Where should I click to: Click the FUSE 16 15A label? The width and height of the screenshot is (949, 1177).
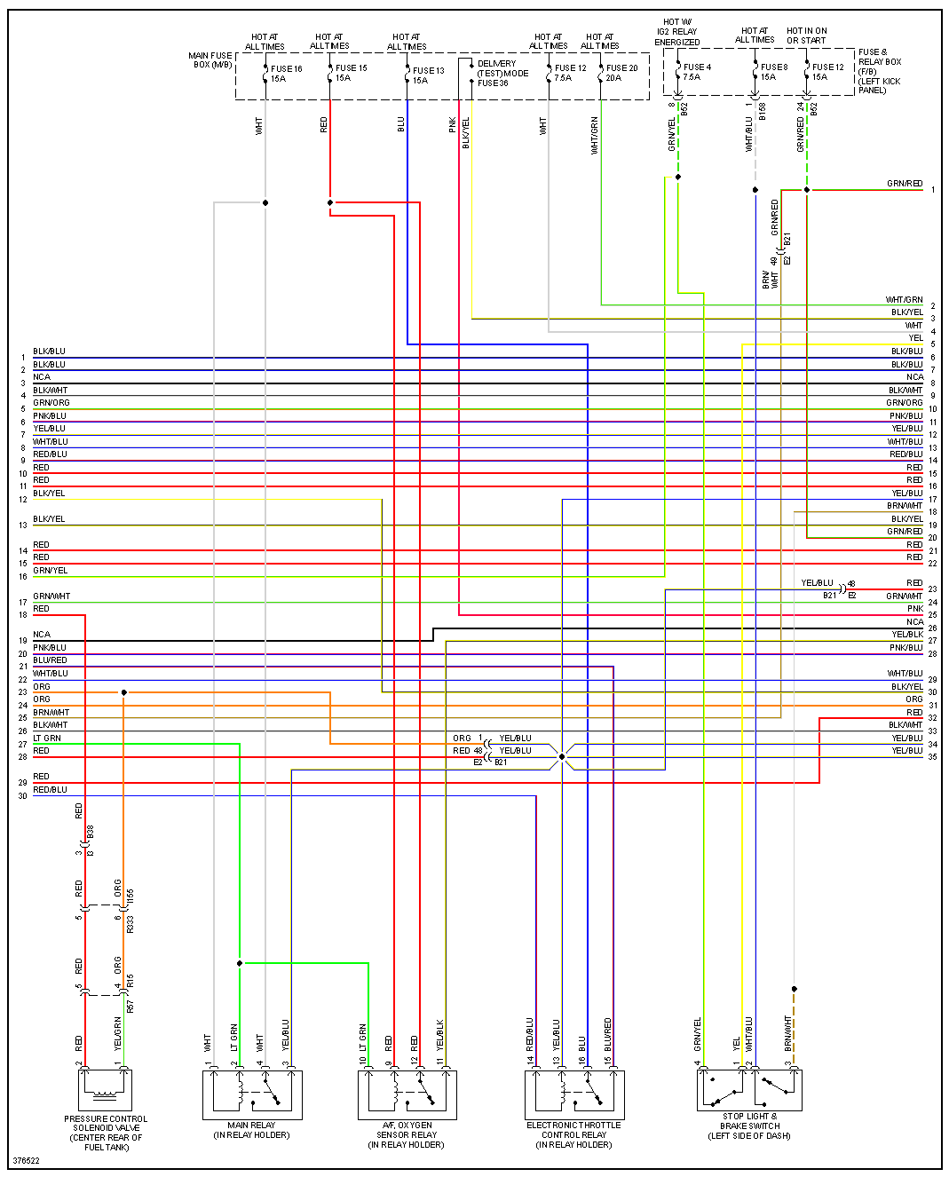point(286,74)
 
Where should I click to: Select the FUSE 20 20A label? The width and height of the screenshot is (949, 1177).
point(621,73)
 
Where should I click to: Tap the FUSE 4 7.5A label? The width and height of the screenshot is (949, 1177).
point(696,72)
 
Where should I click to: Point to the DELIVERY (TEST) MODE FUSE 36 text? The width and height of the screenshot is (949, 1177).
point(502,74)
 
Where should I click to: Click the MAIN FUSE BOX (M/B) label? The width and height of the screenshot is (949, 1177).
point(210,60)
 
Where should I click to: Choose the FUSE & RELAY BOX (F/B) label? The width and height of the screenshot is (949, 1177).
point(879,71)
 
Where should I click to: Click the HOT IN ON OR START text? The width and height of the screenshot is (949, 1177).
point(806,36)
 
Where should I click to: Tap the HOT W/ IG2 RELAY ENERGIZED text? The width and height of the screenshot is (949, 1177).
point(677,32)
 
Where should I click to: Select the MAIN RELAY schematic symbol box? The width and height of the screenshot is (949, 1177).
point(252,1094)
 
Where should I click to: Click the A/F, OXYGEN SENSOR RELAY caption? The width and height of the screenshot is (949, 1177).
point(407,1135)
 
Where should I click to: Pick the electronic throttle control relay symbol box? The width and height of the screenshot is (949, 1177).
point(574,1094)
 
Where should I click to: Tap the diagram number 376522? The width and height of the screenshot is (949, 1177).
point(27,1161)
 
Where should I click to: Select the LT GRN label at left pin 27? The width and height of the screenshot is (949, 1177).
point(47,739)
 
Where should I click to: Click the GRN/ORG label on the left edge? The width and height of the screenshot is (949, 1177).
point(51,403)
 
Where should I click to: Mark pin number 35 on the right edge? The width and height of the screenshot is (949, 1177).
point(932,757)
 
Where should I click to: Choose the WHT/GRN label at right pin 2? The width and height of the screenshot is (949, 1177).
point(904,300)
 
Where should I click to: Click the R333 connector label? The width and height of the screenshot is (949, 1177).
point(130,924)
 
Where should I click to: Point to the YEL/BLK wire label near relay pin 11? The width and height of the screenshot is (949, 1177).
point(440,1035)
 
